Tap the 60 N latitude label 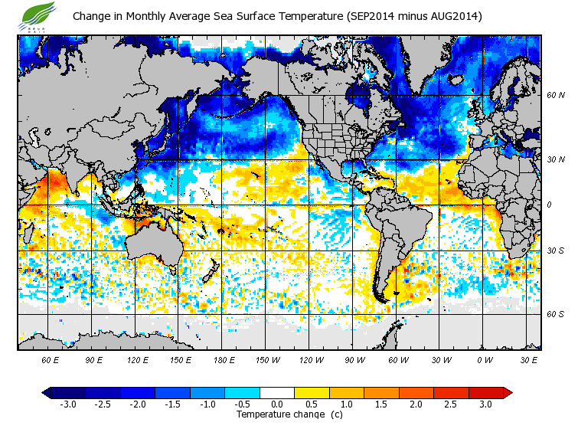[555, 95]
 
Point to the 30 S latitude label [555, 251]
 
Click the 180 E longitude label [224, 359]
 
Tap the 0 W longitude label [485, 359]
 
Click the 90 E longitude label [93, 359]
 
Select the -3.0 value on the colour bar [67, 404]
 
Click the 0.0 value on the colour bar [277, 404]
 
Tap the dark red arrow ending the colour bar [508, 392]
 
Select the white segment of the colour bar [277, 392]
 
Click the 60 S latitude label [555, 313]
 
